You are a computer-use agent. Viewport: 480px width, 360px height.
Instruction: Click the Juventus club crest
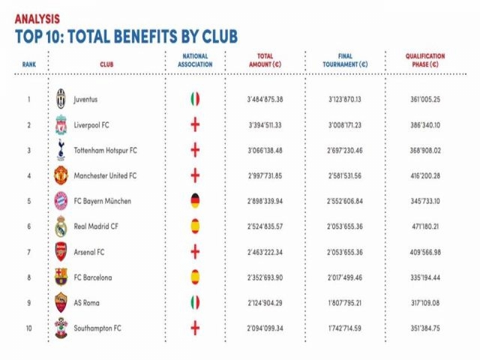61,98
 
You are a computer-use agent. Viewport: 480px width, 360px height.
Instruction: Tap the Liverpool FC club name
94,124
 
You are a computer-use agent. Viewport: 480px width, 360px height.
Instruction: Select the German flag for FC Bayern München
194,201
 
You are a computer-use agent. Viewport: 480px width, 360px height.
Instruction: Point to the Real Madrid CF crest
61,226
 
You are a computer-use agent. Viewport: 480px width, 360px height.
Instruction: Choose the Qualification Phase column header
425,60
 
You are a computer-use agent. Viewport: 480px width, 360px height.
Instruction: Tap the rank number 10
28,329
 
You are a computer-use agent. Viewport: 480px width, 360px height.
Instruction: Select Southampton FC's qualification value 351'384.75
424,329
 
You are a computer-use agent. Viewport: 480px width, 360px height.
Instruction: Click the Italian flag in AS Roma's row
194,303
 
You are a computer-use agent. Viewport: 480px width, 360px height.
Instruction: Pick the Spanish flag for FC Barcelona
194,277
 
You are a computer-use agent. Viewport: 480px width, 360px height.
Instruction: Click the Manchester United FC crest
61,175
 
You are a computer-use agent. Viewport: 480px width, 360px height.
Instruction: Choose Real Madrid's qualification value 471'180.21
424,226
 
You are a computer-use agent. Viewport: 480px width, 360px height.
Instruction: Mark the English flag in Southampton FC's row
194,329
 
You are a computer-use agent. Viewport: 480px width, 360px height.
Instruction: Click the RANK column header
28,64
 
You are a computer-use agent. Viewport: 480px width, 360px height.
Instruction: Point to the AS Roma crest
61,303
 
